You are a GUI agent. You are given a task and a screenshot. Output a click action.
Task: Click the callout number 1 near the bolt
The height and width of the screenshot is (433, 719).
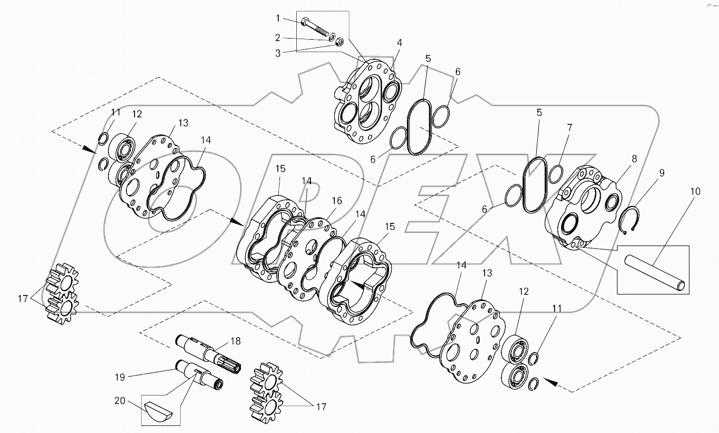point(278,18)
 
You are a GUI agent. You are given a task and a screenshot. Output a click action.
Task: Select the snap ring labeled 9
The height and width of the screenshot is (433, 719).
point(633,221)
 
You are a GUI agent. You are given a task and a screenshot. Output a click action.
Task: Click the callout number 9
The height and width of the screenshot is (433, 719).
point(661,173)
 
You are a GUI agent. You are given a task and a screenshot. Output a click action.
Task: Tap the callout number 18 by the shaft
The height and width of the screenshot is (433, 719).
point(235,341)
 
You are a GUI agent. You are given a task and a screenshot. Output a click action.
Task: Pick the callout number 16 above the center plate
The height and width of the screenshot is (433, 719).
point(337,201)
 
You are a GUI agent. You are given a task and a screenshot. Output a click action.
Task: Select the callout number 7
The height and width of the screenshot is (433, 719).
point(570,128)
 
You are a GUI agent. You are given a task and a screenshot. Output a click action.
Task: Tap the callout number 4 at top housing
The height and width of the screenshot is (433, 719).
point(399,42)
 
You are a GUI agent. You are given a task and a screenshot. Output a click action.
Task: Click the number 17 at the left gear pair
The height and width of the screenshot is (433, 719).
point(23,298)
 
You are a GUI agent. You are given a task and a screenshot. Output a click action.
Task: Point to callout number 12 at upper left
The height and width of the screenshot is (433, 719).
point(136,114)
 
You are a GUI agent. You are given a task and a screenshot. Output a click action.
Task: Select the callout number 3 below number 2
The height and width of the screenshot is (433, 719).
point(278,53)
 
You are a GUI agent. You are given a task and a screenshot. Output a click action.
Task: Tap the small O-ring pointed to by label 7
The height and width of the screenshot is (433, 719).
point(555,175)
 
